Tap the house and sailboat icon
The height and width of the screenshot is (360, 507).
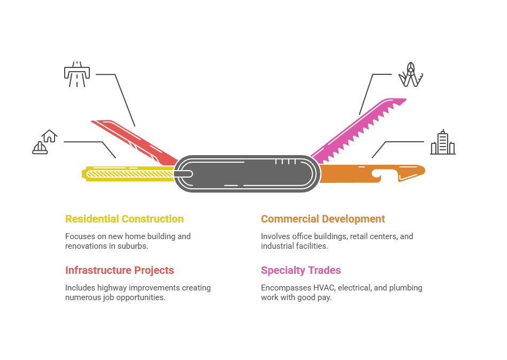coord(44,142)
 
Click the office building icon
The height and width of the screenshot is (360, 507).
coord(443,142)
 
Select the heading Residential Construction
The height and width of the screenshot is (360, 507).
coord(124,219)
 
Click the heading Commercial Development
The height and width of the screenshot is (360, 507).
coord(322,219)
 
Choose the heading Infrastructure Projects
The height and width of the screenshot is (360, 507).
coord(119,270)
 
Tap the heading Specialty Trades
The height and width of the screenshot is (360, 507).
coord(301,270)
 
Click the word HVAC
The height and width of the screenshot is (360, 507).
coord(325,288)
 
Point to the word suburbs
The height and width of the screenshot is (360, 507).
coord(136,246)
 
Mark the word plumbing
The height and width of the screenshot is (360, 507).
coord(405,288)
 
